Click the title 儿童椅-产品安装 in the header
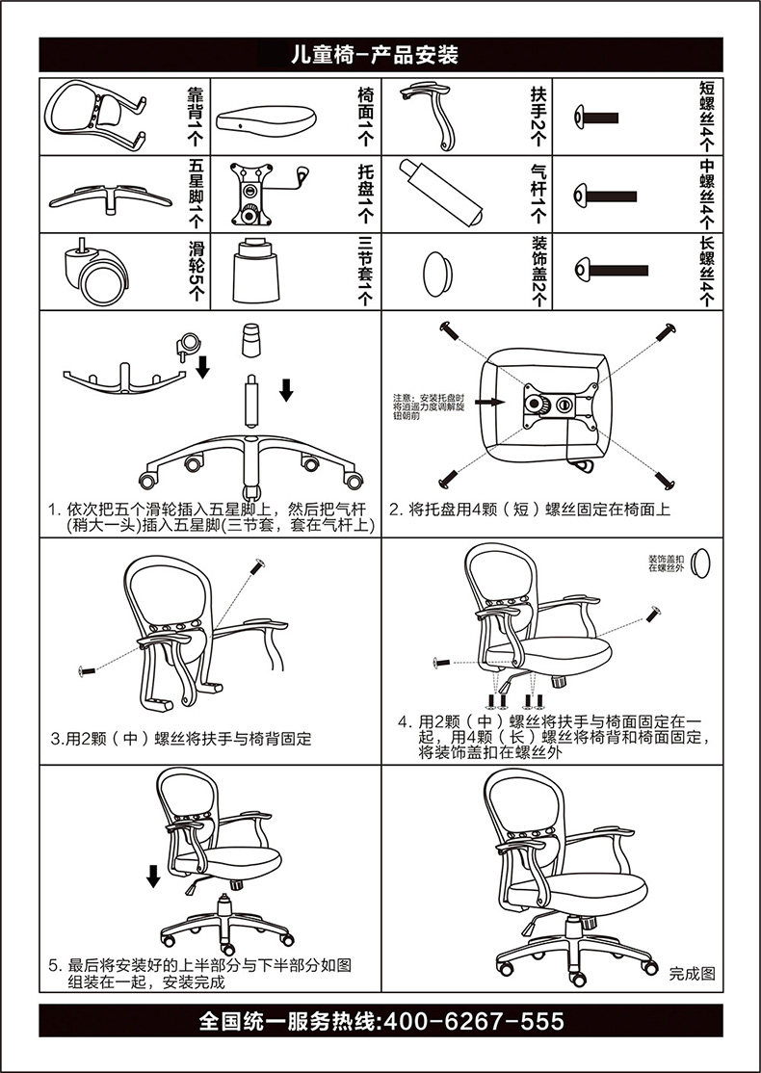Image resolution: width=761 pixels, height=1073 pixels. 380,55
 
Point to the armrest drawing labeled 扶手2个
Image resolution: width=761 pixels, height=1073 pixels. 433,114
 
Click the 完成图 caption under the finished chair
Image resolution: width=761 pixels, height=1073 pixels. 693,974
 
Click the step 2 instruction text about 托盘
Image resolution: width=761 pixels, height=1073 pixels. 529,509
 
